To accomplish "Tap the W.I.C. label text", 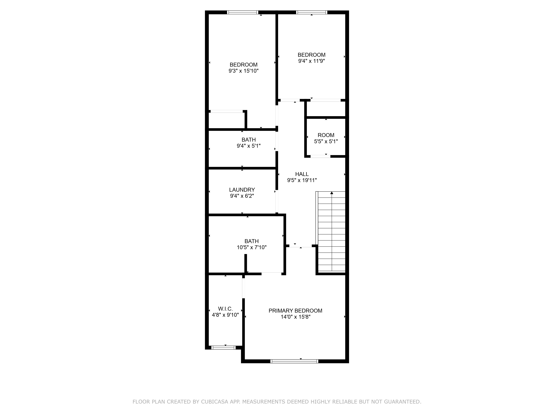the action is click(x=225, y=309).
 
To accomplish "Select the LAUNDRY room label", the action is click(x=242, y=190).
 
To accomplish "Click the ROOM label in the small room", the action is click(x=326, y=135).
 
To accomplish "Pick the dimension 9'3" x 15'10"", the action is click(x=243, y=71).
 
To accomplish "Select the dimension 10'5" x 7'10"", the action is click(x=252, y=247).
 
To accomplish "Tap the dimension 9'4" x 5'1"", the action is click(x=249, y=146).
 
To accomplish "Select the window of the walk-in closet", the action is click(x=223, y=347).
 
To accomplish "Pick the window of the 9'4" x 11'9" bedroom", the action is click(x=312, y=12).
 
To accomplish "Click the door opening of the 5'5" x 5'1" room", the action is click(x=320, y=156).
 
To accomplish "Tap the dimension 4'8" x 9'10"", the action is click(x=225, y=315).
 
